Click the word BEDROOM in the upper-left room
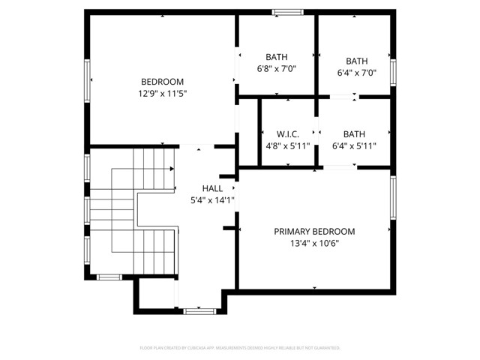(162, 82)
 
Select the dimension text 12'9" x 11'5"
(162, 94)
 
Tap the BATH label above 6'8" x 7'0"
(277, 57)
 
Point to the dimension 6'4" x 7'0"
(356, 73)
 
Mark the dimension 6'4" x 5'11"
(354, 146)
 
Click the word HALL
(212, 188)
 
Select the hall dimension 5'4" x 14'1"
(212, 200)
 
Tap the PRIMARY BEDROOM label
(314, 231)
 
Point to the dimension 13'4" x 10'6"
(314, 243)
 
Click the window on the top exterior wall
(287, 12)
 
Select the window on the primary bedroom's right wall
(392, 196)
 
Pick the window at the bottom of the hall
(199, 310)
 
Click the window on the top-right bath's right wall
(392, 73)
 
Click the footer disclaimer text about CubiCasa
(240, 348)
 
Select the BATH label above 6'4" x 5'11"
(354, 134)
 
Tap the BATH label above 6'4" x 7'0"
(356, 61)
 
